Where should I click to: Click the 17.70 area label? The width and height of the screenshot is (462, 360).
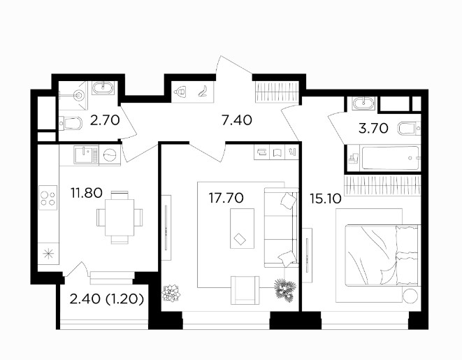pyautogui.click(x=226, y=198)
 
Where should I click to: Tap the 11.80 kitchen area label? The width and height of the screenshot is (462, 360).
pyautogui.click(x=87, y=193)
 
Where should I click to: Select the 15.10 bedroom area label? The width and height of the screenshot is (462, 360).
pyautogui.click(x=326, y=199)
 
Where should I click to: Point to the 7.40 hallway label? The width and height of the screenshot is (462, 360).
pyautogui.click(x=237, y=120)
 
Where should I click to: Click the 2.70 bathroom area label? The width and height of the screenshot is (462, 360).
pyautogui.click(x=105, y=120)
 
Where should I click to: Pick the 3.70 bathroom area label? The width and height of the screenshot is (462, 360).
pyautogui.click(x=373, y=129)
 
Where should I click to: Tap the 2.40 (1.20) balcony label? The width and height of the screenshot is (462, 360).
pyautogui.click(x=107, y=299)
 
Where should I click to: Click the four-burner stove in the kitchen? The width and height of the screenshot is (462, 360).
pyautogui.click(x=48, y=197)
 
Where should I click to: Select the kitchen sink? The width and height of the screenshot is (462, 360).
pyautogui.click(x=86, y=155)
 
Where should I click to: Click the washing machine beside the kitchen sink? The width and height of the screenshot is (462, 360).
pyautogui.click(x=110, y=155)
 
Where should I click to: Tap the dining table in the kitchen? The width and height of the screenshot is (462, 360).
pyautogui.click(x=120, y=217)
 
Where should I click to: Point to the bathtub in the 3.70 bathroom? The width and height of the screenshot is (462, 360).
pyautogui.click(x=391, y=158)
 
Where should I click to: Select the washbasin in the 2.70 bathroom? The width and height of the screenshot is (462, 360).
pyautogui.click(x=103, y=87)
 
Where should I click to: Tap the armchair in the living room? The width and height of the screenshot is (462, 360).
pyautogui.click(x=245, y=290)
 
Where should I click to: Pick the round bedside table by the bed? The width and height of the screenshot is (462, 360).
pyautogui.click(x=410, y=296)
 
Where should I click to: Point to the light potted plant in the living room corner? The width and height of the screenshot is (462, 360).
pyautogui.click(x=171, y=292)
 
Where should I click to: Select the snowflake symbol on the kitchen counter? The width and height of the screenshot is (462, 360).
pyautogui.click(x=48, y=253)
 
